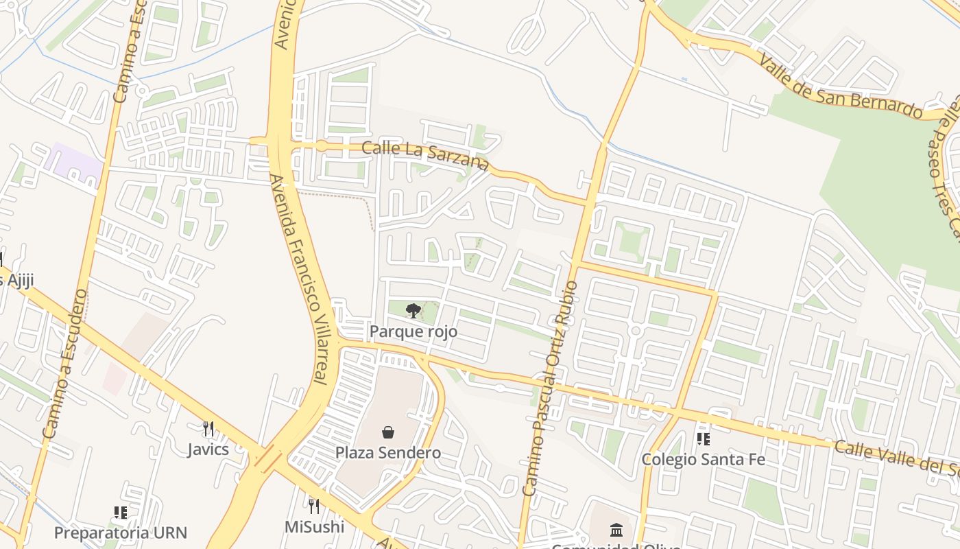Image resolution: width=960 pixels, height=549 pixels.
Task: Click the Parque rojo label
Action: tap(413, 331)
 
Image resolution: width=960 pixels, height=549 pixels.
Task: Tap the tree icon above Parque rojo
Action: tap(413, 311)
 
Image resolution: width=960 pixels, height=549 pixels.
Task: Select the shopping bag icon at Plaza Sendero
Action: tap(388, 432)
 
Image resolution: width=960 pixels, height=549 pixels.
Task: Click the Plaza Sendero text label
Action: tap(388, 453)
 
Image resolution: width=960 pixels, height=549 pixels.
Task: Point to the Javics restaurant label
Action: tap(208, 449)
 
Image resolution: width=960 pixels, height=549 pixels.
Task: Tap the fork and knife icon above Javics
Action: tap(208, 429)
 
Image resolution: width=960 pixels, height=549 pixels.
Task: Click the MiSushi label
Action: tap(314, 526)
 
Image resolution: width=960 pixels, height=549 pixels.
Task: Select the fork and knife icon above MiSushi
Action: tap(314, 506)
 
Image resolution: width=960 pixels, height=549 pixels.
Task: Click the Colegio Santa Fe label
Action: tap(703, 459)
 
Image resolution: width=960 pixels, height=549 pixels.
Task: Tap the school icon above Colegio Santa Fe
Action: tap(703, 439)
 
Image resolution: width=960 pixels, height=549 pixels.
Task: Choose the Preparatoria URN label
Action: tap(120, 533)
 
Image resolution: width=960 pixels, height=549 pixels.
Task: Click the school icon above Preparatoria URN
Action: tap(121, 513)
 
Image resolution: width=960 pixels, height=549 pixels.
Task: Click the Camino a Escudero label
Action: tap(65, 364)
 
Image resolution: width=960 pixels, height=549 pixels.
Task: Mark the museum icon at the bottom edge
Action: tap(616, 530)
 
